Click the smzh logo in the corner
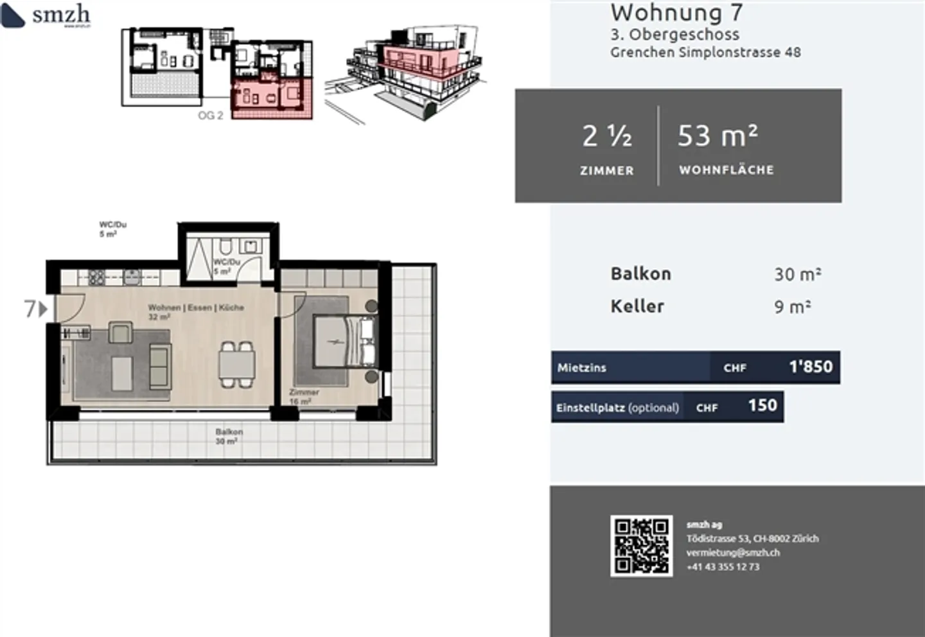46,15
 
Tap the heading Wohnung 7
676,12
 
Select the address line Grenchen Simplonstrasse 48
705,53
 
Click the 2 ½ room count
606,136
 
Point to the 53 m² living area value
718,136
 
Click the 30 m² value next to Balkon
797,274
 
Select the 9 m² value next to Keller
792,307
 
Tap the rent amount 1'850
810,367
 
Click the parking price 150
762,406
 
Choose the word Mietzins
581,368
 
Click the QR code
641,546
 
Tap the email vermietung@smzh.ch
732,552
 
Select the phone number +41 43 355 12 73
723,567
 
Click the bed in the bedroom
344,341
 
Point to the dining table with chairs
236,364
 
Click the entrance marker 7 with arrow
35,309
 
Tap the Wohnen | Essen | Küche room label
196,308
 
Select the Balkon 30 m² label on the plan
228,437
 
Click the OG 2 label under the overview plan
210,116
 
